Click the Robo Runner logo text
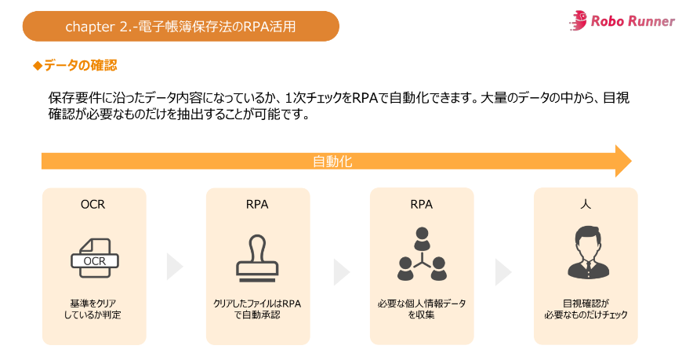pyautogui.click(x=633, y=21)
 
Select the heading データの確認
pyautogui.click(x=81, y=65)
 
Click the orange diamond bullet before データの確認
pyautogui.click(x=37, y=65)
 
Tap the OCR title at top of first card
pyautogui.click(x=93, y=205)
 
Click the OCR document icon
pyautogui.click(x=94, y=256)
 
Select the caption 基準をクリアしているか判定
pyautogui.click(x=93, y=308)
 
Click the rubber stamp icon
pyautogui.click(x=257, y=256)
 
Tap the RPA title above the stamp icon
pyautogui.click(x=257, y=205)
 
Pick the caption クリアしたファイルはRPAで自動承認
pyautogui.click(x=257, y=308)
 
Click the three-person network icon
pyautogui.click(x=422, y=255)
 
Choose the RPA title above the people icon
pyautogui.click(x=422, y=205)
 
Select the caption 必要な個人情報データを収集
pyautogui.click(x=422, y=308)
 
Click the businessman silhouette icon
pyautogui.click(x=586, y=253)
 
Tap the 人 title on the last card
pyautogui.click(x=586, y=204)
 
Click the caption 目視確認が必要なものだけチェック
pyautogui.click(x=586, y=308)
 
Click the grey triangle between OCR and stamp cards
pyautogui.click(x=173, y=267)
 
